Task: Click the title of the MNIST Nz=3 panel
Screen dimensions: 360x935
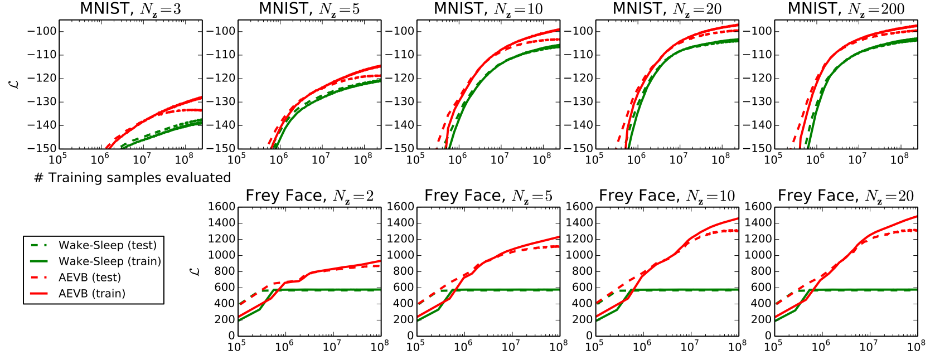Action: point(130,9)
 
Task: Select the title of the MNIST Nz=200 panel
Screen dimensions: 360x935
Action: point(846,9)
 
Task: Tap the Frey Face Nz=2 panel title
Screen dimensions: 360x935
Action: point(309,196)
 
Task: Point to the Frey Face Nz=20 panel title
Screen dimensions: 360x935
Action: point(846,196)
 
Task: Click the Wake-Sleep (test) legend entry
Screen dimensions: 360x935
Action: point(108,245)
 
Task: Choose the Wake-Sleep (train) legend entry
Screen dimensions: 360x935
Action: point(110,261)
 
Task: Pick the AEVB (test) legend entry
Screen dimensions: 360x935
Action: point(90,278)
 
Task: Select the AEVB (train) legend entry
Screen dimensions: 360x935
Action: point(92,294)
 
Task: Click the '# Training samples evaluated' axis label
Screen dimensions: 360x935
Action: point(133,178)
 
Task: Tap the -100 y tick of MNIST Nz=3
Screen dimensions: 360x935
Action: point(42,31)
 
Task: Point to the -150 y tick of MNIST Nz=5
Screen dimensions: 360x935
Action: point(221,149)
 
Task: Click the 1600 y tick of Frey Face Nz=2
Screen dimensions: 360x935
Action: point(221,207)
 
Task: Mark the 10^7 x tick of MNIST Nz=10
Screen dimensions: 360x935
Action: point(500,159)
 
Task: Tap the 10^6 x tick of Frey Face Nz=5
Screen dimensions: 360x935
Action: point(463,346)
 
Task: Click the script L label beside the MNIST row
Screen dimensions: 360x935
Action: point(15,84)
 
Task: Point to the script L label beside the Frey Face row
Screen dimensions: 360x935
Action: point(194,271)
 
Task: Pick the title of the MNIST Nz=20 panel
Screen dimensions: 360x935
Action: point(667,9)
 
